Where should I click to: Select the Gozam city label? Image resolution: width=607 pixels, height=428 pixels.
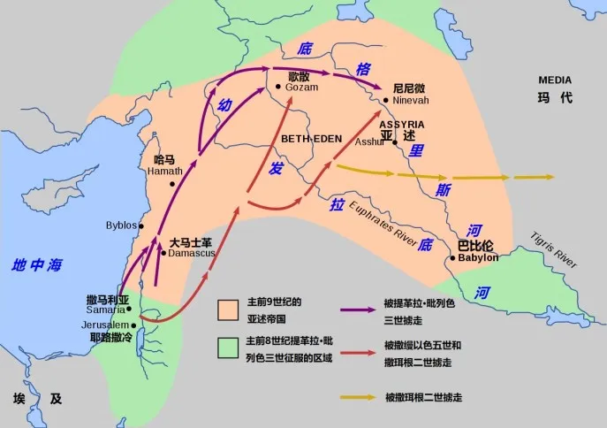point(301,88)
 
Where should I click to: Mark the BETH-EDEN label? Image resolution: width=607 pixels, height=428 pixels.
point(310,140)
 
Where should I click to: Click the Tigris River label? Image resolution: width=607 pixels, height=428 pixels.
point(554,252)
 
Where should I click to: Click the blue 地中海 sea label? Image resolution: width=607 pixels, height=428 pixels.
point(38,264)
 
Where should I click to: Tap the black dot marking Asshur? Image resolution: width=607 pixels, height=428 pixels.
point(395,141)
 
